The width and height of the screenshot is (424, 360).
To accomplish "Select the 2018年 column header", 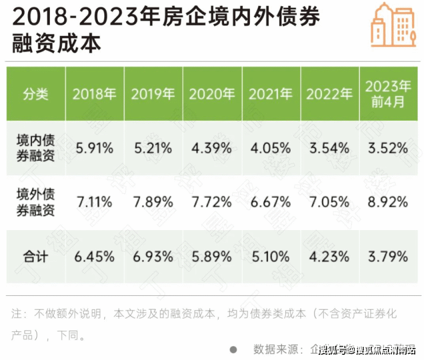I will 94,94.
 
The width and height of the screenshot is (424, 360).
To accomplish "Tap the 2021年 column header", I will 270,94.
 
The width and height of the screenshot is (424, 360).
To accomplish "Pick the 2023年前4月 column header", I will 388,94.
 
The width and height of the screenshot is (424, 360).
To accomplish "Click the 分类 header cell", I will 36,94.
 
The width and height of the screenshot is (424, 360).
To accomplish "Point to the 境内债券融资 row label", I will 36,148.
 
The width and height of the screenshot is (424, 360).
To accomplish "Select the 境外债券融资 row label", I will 36,202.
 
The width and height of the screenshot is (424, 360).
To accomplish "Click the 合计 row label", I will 36,256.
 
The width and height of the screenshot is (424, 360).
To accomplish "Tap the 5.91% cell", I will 94,148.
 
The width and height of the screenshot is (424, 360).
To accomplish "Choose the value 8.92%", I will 388,202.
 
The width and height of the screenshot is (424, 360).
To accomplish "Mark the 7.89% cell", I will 152,202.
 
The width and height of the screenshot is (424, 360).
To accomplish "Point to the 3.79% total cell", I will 388,256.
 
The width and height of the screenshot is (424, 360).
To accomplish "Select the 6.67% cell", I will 270,202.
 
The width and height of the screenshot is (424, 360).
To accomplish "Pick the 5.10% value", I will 270,256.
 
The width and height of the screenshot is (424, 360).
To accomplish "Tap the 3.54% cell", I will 328,148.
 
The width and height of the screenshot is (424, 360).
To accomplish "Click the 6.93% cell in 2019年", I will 152,256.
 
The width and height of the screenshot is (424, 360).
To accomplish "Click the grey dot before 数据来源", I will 233,349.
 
